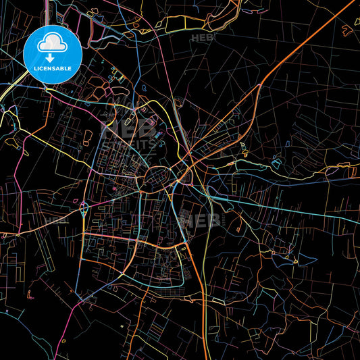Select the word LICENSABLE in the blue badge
pos(52,68)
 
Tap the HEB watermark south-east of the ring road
pos(203,220)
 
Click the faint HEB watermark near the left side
pos(57,220)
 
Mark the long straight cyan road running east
pos(290,207)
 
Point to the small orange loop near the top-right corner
pos(346,30)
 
